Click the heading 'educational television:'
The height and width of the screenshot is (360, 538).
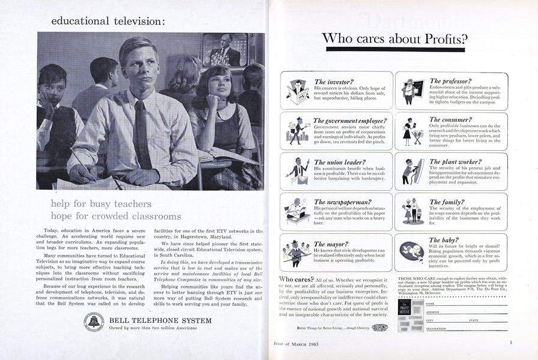point(107,21)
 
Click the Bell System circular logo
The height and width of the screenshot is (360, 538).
point(94,322)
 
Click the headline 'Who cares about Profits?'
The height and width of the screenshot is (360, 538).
point(394,39)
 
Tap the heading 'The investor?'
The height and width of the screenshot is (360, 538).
point(334,82)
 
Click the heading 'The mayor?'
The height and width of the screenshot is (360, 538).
point(331,244)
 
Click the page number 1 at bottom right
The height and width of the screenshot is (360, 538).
point(510,343)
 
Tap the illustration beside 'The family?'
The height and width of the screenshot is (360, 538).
point(412,211)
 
